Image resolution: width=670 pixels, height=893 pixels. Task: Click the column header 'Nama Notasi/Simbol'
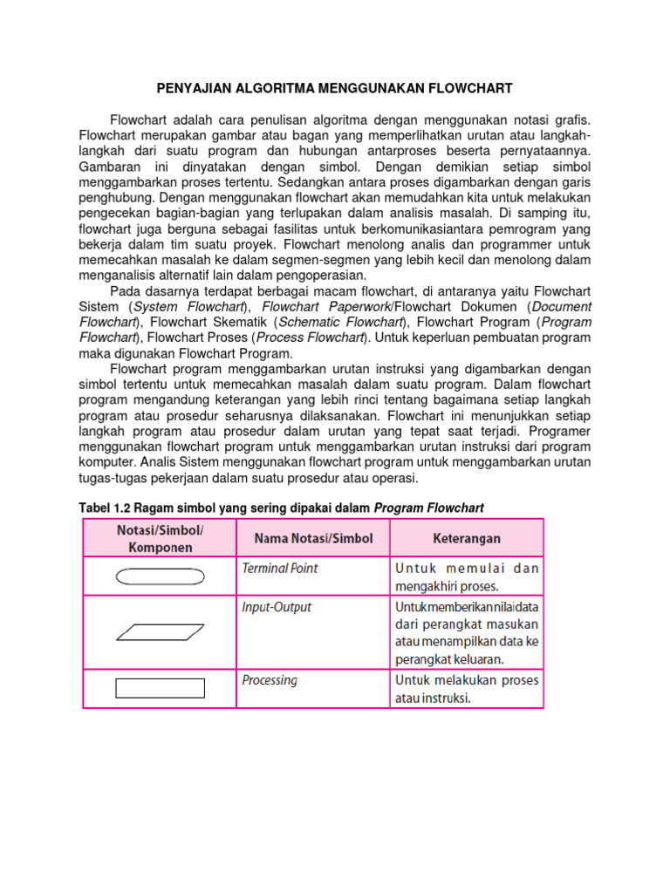point(312,538)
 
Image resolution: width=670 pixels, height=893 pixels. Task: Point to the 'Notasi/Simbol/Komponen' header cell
point(160,538)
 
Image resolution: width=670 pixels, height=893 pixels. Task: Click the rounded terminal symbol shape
point(160,576)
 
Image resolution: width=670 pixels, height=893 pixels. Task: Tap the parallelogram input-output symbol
point(160,632)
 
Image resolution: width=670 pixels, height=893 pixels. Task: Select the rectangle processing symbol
point(160,688)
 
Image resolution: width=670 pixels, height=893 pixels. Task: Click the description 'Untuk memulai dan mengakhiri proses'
point(467,576)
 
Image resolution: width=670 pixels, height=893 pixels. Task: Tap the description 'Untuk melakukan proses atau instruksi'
point(467,689)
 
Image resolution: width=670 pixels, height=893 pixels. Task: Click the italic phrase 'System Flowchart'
point(188,307)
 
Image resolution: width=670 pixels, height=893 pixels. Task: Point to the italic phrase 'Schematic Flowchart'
point(345,323)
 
